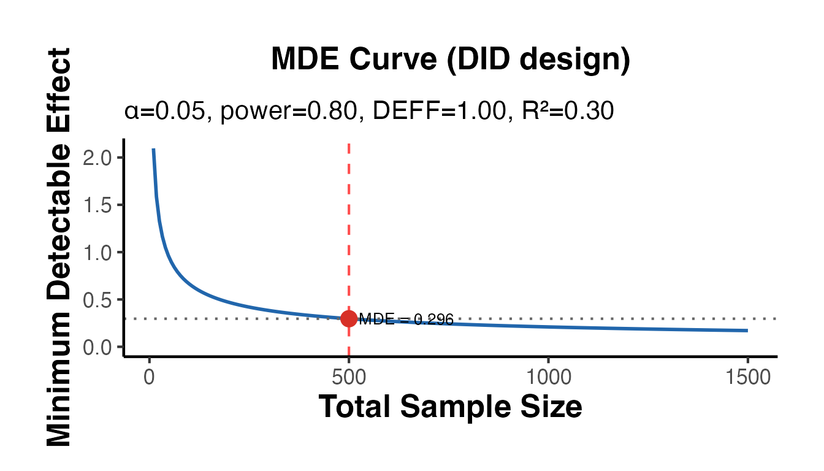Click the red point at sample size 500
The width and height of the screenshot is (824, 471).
(349, 319)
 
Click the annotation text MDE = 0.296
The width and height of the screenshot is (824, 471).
(406, 320)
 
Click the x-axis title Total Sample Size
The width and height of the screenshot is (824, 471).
(450, 407)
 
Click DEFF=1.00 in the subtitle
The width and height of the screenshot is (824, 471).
(434, 112)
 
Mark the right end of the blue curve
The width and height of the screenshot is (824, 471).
(747, 331)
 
